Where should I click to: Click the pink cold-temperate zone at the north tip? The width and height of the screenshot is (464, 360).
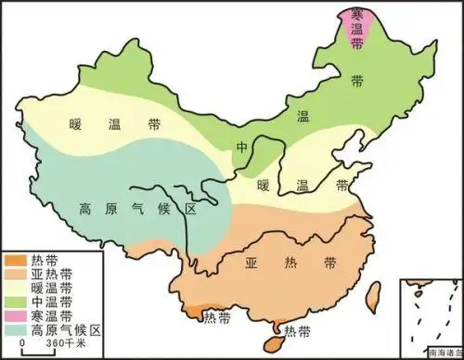click(x=356, y=25)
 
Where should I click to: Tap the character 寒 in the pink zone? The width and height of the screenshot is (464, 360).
click(x=355, y=13)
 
